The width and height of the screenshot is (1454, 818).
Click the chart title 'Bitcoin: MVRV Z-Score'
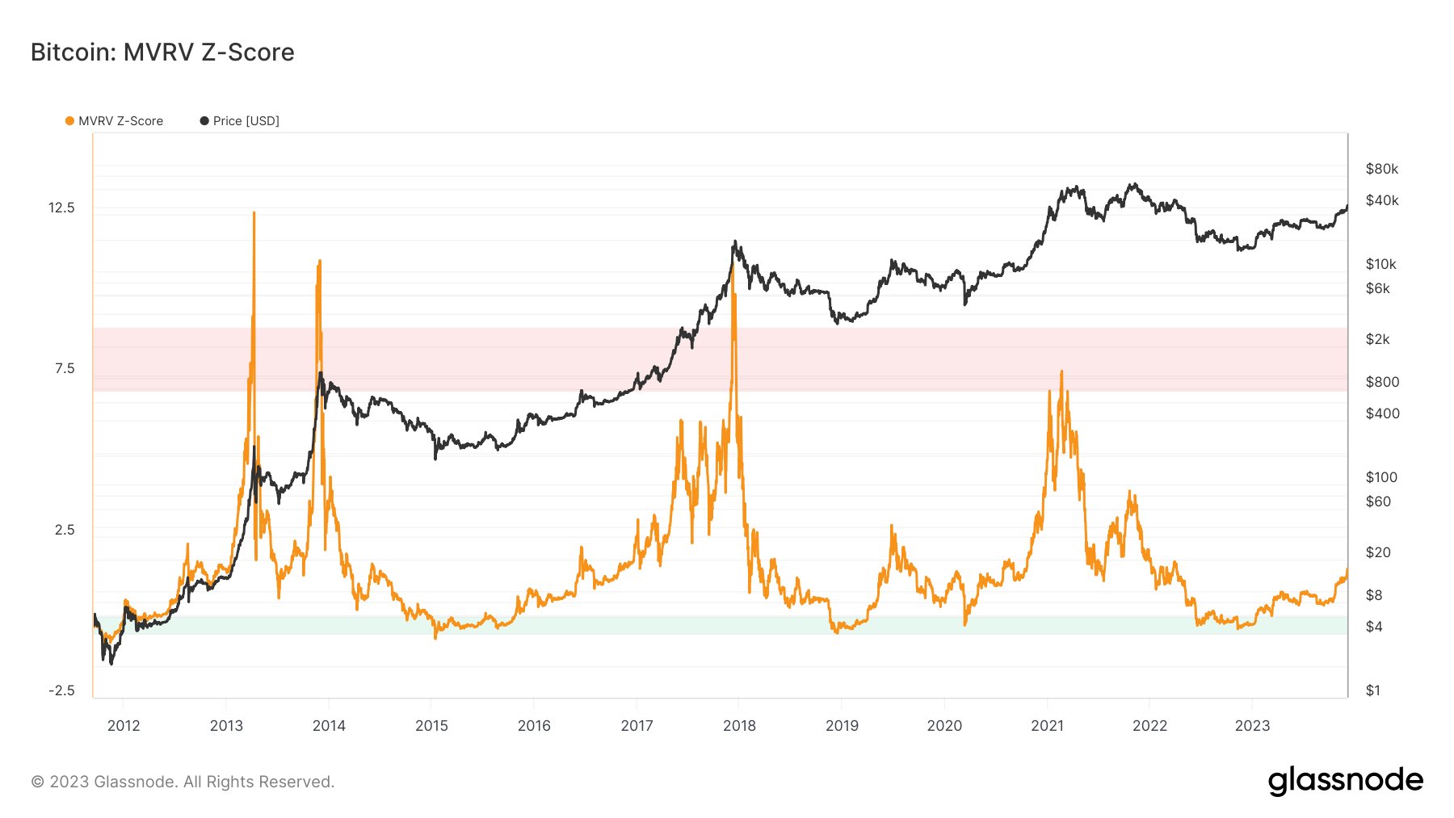[x=162, y=52]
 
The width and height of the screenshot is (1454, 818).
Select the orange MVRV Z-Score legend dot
[x=69, y=121]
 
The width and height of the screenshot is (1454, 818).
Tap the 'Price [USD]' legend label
[x=246, y=121]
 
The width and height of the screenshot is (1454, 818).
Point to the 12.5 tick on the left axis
[x=61, y=208]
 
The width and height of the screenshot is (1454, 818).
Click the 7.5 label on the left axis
[x=65, y=368]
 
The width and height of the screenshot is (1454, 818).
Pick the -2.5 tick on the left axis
[x=61, y=690]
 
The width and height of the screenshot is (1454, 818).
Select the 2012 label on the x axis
[x=124, y=725]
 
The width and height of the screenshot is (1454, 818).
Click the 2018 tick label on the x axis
[x=739, y=725]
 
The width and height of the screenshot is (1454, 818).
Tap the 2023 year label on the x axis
[x=1252, y=725]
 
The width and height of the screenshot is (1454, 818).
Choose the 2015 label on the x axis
[x=431, y=725]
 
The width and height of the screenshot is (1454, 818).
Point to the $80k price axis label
[x=1381, y=169]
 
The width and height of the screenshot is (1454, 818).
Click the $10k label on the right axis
[x=1380, y=264]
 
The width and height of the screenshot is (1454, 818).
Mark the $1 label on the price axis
[x=1372, y=690]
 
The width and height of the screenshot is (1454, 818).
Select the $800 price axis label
[x=1382, y=382]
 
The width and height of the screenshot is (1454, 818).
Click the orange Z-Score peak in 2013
[x=254, y=213]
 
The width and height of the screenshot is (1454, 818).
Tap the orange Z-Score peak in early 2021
[x=1061, y=372]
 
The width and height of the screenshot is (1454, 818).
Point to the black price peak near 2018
[x=734, y=241]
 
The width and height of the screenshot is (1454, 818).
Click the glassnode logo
[x=1345, y=781]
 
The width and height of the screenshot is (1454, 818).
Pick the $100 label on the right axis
[x=1381, y=477]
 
